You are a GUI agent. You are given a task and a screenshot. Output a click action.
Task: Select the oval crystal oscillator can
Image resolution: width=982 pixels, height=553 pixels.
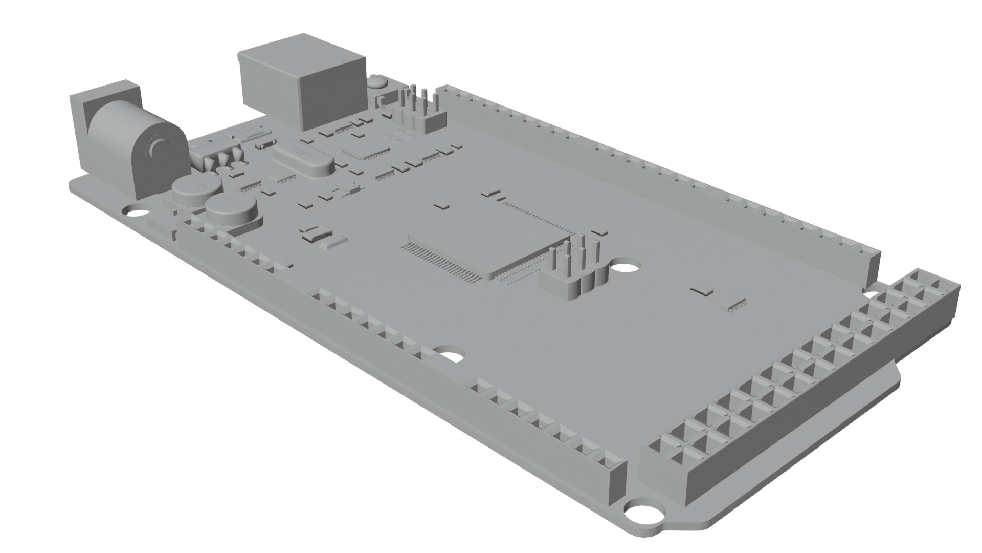pos(304,158)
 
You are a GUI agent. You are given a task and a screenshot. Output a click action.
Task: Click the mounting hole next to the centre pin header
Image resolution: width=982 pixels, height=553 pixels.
pos(624,267)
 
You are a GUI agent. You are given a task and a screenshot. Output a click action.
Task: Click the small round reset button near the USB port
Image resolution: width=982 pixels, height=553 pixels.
pos(377,81)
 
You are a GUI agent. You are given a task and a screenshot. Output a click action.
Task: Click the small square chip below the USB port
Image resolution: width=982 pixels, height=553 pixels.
pos(366,149)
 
